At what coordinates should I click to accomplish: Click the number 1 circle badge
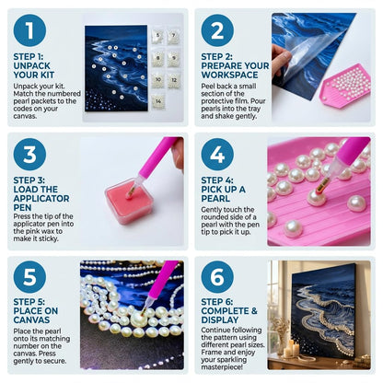29,30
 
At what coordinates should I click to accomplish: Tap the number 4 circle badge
217,154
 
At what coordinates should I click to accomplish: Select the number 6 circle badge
217,277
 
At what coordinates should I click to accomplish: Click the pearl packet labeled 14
158,101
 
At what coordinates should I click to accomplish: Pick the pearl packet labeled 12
174,80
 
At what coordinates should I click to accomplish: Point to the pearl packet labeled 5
157,36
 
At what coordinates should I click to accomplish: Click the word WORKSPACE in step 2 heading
229,75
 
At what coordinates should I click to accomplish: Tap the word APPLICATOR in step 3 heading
41,198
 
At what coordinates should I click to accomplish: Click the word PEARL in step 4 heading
215,198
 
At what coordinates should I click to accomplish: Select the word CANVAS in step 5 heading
31,319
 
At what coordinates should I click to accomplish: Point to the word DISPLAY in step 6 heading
220,319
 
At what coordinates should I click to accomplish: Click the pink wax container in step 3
129,201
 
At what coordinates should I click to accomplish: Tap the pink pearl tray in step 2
345,86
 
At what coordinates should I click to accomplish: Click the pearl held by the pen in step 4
317,197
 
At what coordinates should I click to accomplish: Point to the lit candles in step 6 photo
291,348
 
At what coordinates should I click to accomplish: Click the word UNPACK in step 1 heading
32,65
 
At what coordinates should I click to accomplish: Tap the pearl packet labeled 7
173,36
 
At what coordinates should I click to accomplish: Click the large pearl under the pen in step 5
139,319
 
